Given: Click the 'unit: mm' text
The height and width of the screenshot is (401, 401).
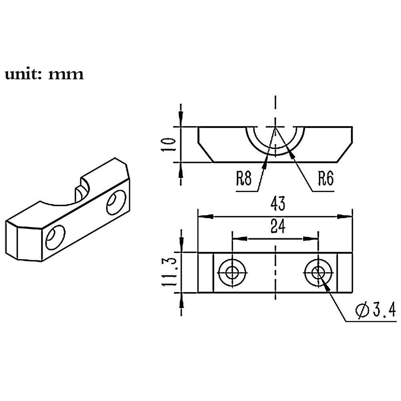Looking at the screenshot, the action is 44,74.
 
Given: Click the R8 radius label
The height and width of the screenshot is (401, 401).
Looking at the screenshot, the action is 244,178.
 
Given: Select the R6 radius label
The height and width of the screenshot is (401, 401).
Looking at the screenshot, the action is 326,178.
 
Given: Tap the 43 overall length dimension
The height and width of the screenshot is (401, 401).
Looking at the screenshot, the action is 278,204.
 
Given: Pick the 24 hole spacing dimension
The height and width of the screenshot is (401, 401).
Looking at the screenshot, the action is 278,226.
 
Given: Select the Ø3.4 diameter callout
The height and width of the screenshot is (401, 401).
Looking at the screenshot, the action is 376,310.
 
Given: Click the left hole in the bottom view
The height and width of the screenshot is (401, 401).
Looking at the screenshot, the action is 232,273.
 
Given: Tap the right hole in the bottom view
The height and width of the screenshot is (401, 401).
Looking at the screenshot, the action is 318,273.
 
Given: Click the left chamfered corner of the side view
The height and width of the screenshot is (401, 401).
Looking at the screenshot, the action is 206,152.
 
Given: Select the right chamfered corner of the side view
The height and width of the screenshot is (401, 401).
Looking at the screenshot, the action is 345,152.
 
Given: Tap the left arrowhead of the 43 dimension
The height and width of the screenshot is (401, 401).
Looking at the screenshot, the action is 206,217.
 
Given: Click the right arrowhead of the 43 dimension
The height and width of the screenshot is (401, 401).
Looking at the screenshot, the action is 345,217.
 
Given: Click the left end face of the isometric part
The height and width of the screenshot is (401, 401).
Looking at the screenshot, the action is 12,240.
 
